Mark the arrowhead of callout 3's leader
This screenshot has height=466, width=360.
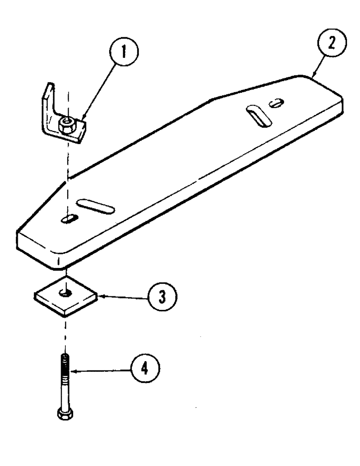pos(97,295)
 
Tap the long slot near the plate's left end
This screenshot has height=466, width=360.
pos(96,205)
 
